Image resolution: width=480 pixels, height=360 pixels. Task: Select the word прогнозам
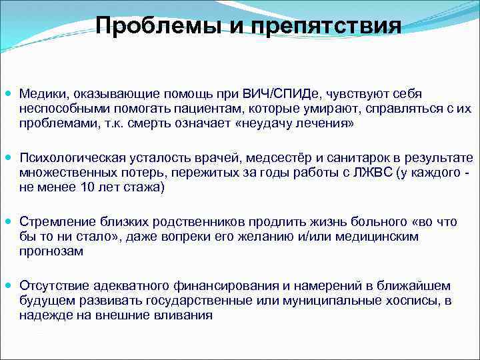(x=50, y=251)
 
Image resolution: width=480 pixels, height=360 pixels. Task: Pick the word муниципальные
(x=328, y=300)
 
